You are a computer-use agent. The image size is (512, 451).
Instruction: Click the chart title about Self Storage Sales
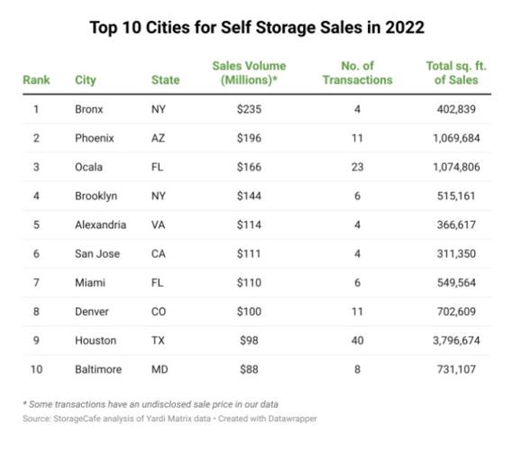tap(256, 27)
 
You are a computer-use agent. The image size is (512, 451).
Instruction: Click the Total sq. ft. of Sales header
tap(459, 72)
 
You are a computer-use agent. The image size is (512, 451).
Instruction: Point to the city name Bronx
tap(90, 108)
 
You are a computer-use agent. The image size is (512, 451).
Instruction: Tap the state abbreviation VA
tap(160, 225)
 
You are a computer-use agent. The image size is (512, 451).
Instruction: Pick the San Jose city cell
tap(96, 253)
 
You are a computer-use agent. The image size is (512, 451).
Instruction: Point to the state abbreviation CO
tap(160, 311)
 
